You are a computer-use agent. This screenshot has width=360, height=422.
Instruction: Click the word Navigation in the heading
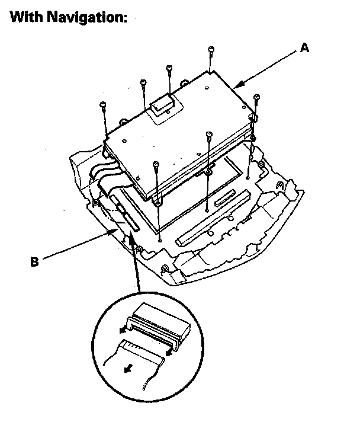(x=89, y=18)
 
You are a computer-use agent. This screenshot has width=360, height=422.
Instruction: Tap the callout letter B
(x=34, y=261)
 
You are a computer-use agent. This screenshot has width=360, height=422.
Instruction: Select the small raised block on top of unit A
(x=162, y=106)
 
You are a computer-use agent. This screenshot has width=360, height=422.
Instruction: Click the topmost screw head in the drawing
(x=210, y=49)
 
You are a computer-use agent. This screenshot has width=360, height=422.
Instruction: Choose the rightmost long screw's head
(x=256, y=97)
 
